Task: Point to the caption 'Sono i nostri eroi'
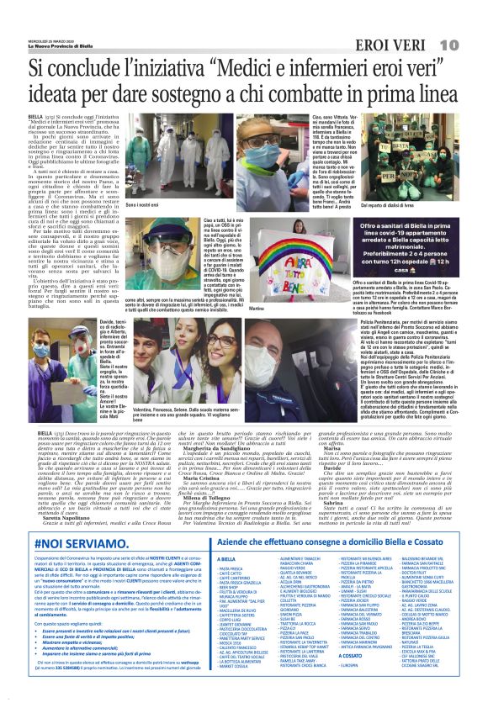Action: click(x=144, y=204)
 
